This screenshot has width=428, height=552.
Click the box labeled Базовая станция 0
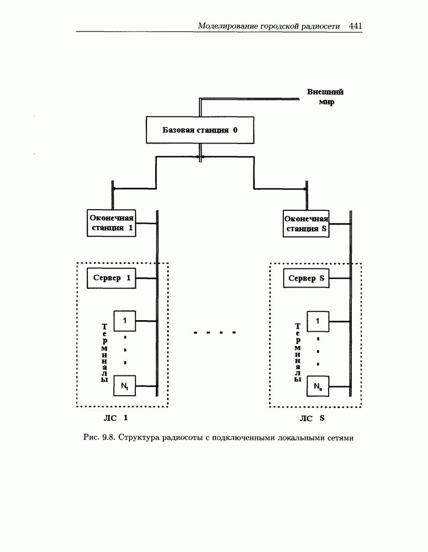199,131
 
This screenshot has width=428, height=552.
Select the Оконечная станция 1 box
112,223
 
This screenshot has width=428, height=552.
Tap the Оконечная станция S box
306,224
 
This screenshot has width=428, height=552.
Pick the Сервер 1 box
112,278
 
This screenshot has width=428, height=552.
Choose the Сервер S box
306,278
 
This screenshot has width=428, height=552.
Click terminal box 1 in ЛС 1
124,320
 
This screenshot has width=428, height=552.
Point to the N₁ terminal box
124,385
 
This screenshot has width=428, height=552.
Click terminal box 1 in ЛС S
318,320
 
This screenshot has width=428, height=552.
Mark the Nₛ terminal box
318,385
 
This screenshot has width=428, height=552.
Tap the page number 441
356,25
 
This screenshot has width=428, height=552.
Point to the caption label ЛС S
313,418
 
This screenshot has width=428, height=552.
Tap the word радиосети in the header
323,26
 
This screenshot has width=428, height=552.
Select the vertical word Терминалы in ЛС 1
105,353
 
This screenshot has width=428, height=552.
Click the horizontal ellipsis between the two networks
215,333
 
